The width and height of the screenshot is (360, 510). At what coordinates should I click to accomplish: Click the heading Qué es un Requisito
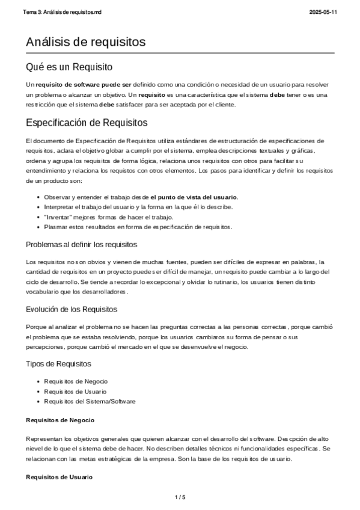pos(70,67)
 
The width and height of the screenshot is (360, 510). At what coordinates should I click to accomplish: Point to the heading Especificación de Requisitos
pos(87,123)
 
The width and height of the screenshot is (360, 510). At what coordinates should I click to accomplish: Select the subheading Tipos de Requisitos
pos(59,364)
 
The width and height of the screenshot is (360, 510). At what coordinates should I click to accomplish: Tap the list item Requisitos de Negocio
pos(77,381)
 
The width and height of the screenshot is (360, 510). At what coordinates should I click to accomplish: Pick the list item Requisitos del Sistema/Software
pos(90,401)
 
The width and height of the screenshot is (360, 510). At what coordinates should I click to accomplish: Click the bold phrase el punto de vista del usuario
pos(194,197)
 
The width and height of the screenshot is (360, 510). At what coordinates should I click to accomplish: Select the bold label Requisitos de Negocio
pos(59,419)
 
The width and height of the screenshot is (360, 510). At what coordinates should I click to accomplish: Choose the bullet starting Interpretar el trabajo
pos(138,207)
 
